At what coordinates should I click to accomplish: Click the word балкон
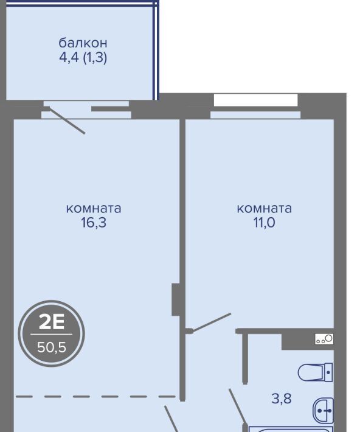click(x=83, y=43)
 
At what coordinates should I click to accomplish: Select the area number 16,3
click(x=94, y=222)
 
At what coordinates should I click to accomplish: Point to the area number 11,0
click(x=264, y=222)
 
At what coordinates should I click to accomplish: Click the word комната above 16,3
click(x=94, y=208)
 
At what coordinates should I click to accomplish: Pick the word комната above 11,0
click(x=265, y=208)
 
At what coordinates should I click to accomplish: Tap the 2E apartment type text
click(x=52, y=322)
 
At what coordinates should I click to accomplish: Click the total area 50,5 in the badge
click(x=52, y=347)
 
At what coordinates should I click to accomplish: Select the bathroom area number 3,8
click(x=282, y=399)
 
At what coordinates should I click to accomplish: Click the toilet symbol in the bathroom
click(x=316, y=372)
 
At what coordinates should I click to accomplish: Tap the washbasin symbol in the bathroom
click(x=323, y=411)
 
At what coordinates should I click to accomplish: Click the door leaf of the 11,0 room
click(x=211, y=322)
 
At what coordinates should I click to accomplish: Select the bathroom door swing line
click(x=237, y=406)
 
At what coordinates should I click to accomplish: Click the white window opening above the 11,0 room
click(x=255, y=100)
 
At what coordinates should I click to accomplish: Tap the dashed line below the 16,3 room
click(x=95, y=397)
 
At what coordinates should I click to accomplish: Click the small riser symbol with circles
click(x=324, y=339)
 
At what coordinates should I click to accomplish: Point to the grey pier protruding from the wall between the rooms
click(x=176, y=299)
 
